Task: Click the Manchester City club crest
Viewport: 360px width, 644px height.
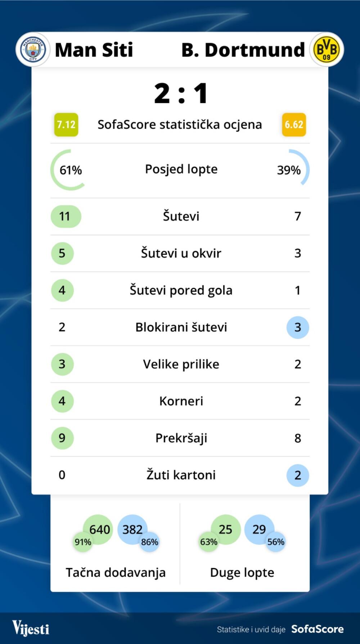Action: pos(33,50)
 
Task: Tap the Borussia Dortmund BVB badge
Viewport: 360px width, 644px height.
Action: pos(327,50)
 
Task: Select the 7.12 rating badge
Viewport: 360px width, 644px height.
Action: pos(66,125)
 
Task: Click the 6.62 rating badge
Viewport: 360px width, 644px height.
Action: pos(294,125)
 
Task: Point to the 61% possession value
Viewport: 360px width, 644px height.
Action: pos(71,170)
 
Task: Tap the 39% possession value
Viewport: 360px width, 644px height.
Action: pos(289,170)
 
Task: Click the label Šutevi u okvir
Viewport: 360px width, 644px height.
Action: pos(181,253)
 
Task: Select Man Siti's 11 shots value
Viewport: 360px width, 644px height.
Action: pos(66,216)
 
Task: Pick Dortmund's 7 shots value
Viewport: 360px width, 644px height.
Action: pos(298,216)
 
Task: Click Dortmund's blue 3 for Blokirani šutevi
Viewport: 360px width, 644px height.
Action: pos(298,327)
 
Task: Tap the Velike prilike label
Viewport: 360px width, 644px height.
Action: pos(181,364)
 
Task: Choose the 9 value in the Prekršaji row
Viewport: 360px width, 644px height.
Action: pos(62,438)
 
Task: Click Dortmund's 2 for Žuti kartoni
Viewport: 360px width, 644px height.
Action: pos(298,475)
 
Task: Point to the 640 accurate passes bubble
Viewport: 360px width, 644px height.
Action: pos(99,529)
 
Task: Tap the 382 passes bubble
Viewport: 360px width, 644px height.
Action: pos(132,529)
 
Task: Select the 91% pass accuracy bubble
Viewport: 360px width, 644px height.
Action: pos(83,542)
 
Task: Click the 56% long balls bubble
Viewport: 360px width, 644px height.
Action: pos(276,542)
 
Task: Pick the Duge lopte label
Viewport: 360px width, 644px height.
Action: pos(242,572)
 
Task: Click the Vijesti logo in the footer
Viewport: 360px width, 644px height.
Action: pos(31,628)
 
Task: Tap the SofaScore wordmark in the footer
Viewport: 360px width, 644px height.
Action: pos(317,629)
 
